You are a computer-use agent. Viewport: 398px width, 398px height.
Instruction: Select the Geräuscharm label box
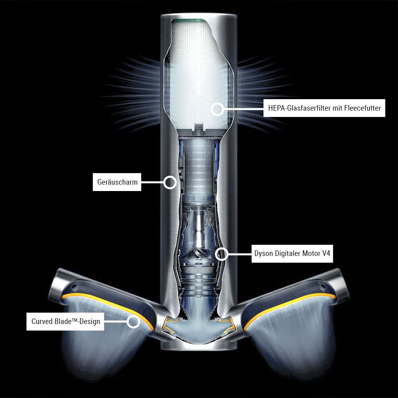click(x=117, y=182)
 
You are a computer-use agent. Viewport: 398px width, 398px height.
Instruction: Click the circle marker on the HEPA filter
click(x=217, y=109)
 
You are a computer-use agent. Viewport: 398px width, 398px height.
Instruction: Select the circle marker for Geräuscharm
click(x=170, y=182)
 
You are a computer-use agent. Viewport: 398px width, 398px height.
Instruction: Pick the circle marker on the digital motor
click(x=222, y=254)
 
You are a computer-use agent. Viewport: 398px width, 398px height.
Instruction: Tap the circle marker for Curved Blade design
click(x=133, y=322)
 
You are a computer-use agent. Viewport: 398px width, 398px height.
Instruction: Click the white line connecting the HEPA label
click(x=244, y=109)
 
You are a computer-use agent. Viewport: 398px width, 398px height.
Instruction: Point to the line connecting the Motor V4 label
click(x=240, y=254)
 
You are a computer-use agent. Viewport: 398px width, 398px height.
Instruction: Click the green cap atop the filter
click(x=188, y=20)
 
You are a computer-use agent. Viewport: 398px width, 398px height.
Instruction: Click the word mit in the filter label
click(x=338, y=108)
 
